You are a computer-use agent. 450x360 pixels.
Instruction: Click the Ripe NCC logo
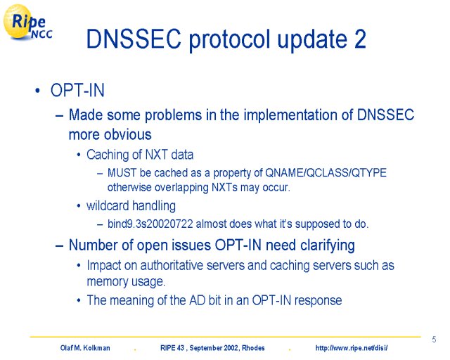(28, 22)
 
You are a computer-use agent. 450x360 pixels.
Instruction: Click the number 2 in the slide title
(360, 39)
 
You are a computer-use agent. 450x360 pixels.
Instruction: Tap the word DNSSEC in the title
(134, 39)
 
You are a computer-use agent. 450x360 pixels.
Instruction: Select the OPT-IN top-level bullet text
(77, 90)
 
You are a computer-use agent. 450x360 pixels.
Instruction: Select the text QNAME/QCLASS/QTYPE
(326, 173)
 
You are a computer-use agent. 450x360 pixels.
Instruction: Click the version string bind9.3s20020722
(150, 224)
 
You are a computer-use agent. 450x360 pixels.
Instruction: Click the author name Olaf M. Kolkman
(85, 348)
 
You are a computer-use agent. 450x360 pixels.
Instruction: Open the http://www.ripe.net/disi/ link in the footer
(352, 348)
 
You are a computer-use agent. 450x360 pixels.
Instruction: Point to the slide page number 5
(435, 340)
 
